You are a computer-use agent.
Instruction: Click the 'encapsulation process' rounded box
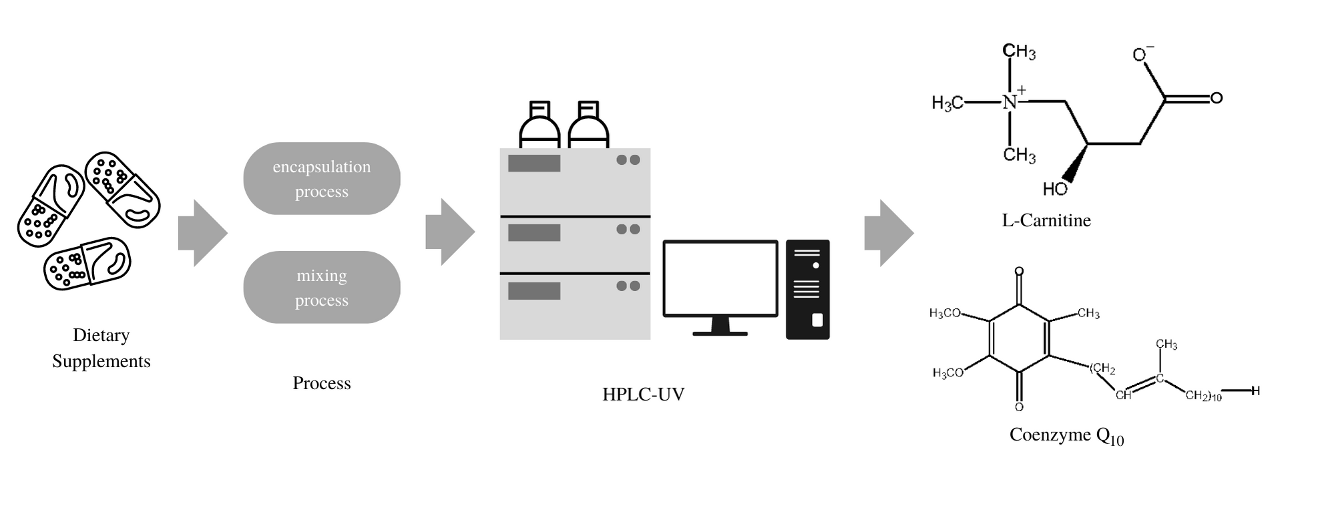321,178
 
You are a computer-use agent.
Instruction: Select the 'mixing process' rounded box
321,287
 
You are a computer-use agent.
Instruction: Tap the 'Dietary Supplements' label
101,348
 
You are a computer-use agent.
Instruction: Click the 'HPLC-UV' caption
643,394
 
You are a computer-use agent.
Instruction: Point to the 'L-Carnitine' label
1046,220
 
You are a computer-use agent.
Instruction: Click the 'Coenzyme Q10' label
1066,435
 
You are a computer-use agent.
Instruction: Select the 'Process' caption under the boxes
321,383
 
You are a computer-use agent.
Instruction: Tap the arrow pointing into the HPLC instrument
450,232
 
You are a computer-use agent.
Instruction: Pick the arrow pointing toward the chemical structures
889,233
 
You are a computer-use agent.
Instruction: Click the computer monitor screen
720,278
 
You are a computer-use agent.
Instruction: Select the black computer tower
807,289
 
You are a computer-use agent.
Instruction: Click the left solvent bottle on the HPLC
539,125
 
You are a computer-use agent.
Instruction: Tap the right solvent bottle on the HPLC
588,125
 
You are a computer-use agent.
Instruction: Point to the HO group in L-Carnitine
1055,190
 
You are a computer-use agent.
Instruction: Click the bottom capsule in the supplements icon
87,264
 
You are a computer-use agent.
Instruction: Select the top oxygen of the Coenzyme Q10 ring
1019,271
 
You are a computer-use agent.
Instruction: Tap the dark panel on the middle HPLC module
533,232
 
